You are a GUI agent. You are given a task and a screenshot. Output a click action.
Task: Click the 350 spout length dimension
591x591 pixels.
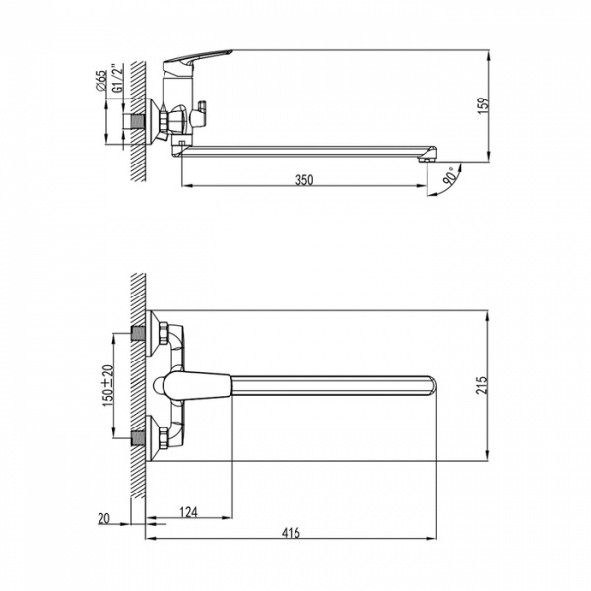pos(303,180)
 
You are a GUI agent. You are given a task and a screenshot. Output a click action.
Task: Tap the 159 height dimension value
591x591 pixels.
pos(483,106)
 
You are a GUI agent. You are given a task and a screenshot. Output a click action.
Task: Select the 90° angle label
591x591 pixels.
pos(451,176)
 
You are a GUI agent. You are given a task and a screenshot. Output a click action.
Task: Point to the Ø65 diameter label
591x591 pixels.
pos(101,81)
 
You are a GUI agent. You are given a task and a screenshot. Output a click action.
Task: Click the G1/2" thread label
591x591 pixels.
pos(118,78)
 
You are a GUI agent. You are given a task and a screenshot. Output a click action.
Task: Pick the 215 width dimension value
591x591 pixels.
pos(481,385)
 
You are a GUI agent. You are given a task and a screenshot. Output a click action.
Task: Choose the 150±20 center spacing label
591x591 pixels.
pos(107,385)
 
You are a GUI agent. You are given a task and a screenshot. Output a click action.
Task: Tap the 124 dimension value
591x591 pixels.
pos(188,512)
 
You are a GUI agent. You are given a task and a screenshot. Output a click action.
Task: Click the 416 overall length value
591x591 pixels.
pos(291,533)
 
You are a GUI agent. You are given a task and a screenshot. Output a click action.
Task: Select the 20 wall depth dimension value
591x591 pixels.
pos(103,518)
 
